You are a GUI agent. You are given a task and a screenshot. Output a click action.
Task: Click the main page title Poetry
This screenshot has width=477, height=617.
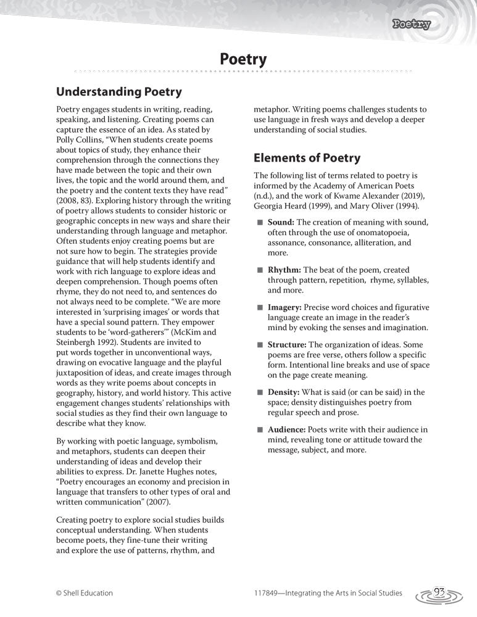[243, 59]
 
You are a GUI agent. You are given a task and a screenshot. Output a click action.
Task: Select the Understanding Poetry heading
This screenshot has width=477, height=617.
[118, 92]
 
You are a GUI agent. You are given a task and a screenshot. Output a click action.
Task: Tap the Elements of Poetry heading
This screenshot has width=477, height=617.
[307, 157]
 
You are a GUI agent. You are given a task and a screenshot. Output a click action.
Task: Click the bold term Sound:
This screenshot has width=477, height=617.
[281, 222]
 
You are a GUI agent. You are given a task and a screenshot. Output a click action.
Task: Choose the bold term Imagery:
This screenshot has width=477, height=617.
[286, 307]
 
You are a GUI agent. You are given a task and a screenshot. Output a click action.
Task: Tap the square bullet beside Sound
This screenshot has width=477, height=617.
[260, 222]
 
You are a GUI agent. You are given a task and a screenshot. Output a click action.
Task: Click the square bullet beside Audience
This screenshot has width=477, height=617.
[260, 429]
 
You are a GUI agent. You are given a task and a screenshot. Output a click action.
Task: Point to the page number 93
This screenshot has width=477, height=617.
[440, 592]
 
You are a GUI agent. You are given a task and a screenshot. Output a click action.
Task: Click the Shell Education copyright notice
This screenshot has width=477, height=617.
[85, 593]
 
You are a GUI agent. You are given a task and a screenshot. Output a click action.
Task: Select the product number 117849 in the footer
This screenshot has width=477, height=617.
[269, 593]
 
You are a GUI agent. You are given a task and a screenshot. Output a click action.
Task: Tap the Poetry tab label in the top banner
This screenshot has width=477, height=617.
[412, 25]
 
